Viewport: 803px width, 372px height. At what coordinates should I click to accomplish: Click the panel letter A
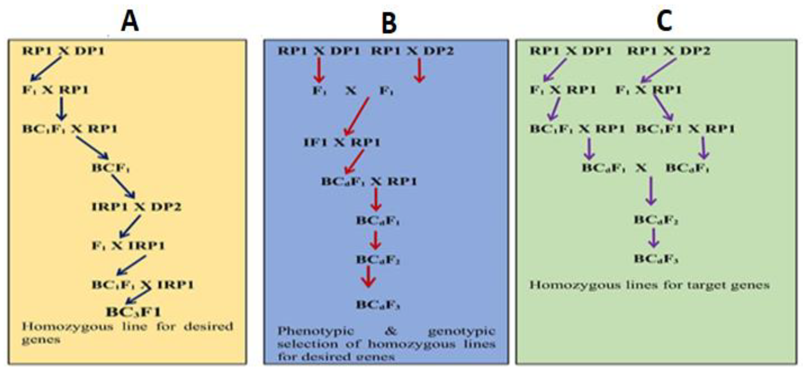point(130,22)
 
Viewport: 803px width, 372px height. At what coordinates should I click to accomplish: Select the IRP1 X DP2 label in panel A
point(136,207)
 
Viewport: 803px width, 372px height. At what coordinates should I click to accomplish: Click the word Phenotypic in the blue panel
point(316,331)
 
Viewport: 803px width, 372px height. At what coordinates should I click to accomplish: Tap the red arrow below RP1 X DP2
point(420,70)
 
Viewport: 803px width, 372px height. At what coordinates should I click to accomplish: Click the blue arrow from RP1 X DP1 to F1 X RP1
point(46,69)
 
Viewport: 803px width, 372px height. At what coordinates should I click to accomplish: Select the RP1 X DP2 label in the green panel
point(669,51)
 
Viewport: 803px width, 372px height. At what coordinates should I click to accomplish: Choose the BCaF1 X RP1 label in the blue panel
point(369,181)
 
